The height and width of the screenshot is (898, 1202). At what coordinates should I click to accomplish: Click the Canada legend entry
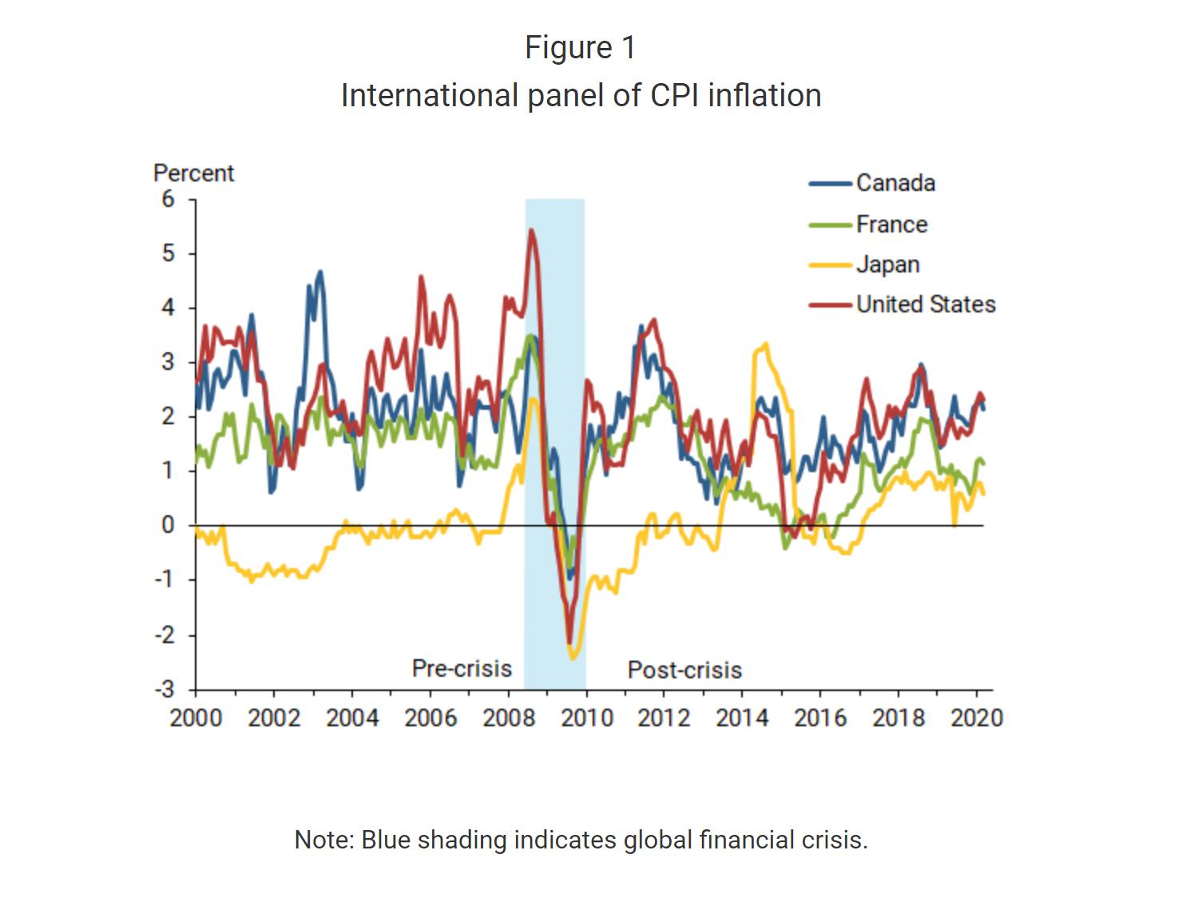coord(895,183)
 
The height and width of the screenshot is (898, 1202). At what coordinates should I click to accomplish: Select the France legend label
coord(891,224)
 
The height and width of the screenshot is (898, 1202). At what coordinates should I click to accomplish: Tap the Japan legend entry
coord(887,264)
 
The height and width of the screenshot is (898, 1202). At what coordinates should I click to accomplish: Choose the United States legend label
coord(926,304)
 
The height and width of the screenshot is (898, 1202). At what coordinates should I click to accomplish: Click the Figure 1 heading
coord(581,48)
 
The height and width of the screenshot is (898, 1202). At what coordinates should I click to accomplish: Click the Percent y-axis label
coord(193,173)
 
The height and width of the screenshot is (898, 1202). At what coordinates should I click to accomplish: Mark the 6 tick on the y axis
coord(168,199)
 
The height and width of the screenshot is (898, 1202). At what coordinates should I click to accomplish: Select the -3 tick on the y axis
coord(165,689)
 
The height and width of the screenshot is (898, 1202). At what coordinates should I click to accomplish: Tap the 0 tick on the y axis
coord(168,525)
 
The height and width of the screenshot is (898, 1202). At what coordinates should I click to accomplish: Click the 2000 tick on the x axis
coord(196,717)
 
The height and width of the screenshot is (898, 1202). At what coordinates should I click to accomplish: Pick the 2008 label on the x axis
coord(509,717)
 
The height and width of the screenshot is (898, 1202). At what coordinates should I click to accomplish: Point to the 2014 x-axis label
coord(742,717)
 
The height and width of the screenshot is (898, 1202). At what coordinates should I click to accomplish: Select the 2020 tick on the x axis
coord(976,717)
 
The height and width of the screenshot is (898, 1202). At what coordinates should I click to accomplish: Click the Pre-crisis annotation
coord(462,668)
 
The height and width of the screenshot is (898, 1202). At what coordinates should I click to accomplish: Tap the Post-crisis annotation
coord(684,670)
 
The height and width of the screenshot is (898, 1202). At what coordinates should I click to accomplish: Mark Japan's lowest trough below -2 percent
coord(573,658)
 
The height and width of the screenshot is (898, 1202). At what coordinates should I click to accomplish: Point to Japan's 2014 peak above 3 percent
coord(766,344)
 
